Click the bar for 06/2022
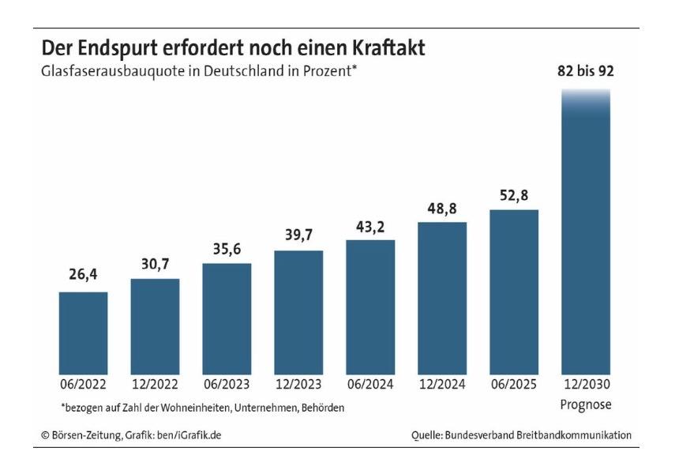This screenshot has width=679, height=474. (x=84, y=332)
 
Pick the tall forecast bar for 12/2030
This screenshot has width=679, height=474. (x=585, y=237)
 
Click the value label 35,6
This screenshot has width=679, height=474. (x=227, y=249)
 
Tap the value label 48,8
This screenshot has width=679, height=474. (x=441, y=208)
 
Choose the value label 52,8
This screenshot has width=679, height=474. (x=513, y=195)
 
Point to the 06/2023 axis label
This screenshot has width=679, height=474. (x=227, y=386)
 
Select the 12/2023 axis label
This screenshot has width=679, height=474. (x=298, y=386)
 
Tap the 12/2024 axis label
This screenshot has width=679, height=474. (x=441, y=386)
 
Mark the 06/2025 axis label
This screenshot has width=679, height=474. (x=513, y=386)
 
